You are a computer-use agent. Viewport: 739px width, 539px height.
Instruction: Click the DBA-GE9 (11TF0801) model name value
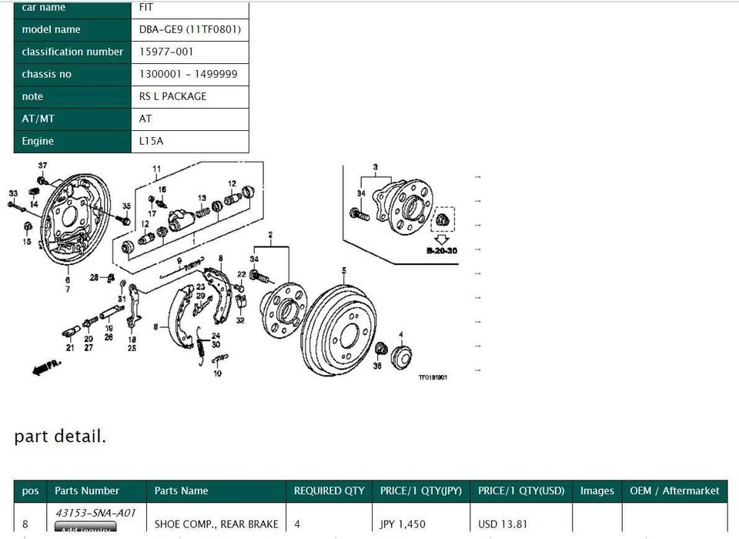tap(189, 29)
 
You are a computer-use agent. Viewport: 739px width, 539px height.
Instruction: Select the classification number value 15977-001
tap(166, 52)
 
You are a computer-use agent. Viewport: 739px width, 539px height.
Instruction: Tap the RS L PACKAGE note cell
tap(172, 96)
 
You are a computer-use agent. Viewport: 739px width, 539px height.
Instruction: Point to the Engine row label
tap(38, 141)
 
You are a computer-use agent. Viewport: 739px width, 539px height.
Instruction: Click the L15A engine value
tap(151, 141)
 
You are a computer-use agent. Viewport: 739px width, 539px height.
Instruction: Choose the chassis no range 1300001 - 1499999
tap(188, 74)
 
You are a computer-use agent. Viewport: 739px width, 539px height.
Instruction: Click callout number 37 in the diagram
tap(42, 166)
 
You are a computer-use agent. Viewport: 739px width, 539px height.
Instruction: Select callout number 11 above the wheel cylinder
tap(156, 169)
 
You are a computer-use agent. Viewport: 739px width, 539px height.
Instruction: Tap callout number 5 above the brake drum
tap(344, 270)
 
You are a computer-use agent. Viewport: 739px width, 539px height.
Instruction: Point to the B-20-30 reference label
tap(442, 251)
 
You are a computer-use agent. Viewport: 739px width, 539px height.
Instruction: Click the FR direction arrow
tap(47, 368)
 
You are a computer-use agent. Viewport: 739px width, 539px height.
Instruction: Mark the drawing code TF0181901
tap(433, 377)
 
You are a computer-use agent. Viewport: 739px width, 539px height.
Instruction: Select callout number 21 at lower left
tap(70, 347)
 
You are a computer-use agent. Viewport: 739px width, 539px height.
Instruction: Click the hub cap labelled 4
tap(401, 357)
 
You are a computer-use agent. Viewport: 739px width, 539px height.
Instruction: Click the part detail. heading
tap(60, 437)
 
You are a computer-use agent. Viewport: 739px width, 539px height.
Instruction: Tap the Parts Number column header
tap(86, 490)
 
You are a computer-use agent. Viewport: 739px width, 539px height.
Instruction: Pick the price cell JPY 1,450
tap(403, 524)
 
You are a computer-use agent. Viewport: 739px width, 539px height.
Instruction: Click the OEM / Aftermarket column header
tap(674, 490)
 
